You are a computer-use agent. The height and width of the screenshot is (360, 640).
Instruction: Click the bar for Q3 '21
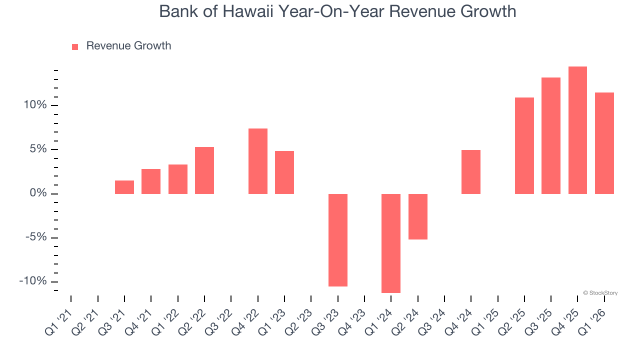[x=124, y=187]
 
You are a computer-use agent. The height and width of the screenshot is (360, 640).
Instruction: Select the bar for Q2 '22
[x=204, y=170]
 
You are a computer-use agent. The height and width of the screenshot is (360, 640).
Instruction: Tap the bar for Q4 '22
[x=258, y=161]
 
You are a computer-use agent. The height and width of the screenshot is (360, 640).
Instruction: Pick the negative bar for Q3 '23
[x=338, y=240]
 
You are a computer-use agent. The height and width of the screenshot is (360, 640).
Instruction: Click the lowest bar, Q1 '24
[x=391, y=243]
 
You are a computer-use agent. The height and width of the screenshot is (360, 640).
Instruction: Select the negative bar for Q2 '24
[x=418, y=216]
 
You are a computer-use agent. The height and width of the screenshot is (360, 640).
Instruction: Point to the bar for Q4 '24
[x=471, y=172]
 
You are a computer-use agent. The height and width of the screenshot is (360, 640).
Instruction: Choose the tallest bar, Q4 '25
[x=577, y=130]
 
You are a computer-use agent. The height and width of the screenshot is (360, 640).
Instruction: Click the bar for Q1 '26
[x=604, y=143]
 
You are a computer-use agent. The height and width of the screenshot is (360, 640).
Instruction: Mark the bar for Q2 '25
[x=524, y=145]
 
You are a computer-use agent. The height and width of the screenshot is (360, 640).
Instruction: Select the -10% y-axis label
[x=32, y=281]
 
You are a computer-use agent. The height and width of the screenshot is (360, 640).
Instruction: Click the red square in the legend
[x=75, y=46]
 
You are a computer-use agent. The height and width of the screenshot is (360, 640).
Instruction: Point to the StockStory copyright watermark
[x=600, y=293]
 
